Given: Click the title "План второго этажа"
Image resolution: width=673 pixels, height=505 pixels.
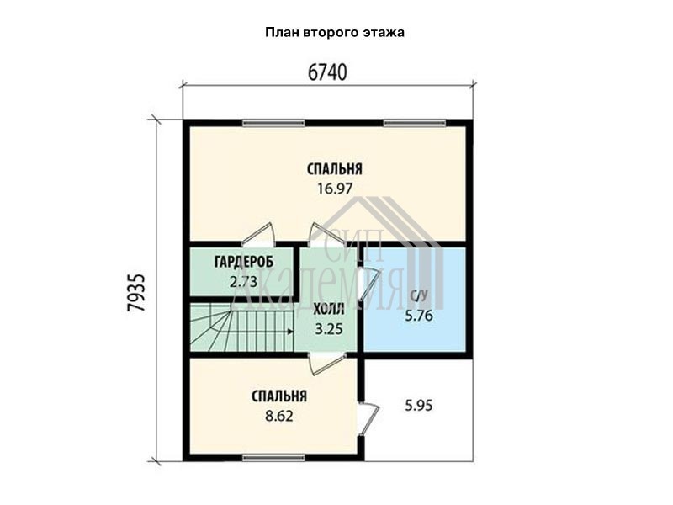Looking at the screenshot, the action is tap(334, 33).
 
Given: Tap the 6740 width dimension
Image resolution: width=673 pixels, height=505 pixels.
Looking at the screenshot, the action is tap(327, 72).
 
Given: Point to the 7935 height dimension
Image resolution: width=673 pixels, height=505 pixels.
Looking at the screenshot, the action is tap(137, 292).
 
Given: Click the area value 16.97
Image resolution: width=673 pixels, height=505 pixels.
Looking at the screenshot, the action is tap(335, 189).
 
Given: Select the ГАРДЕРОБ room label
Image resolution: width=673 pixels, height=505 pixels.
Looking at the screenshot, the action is tap(244, 262).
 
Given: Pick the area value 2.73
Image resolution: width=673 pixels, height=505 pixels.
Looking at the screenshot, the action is tap(243, 282).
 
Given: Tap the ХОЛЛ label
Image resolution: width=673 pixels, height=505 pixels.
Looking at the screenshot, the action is tap(329, 309).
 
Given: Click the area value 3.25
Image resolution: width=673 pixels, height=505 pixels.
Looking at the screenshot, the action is tap(329, 329).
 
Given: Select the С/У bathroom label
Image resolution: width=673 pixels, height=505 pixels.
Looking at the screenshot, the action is tap(419, 296).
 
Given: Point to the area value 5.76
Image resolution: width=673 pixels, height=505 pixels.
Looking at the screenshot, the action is tap(419, 316).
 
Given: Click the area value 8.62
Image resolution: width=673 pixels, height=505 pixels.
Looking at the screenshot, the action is tap(279, 416).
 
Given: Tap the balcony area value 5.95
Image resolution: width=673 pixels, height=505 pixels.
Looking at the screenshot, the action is tap(419, 406).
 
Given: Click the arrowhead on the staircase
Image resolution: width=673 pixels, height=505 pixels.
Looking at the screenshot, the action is tap(290, 332).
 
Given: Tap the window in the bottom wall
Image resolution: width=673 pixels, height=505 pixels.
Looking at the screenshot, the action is tap(273, 458).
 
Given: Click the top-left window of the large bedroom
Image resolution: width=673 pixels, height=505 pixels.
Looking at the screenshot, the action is tap(273, 123).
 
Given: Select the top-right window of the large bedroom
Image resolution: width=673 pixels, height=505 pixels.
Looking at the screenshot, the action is tap(415, 123).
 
